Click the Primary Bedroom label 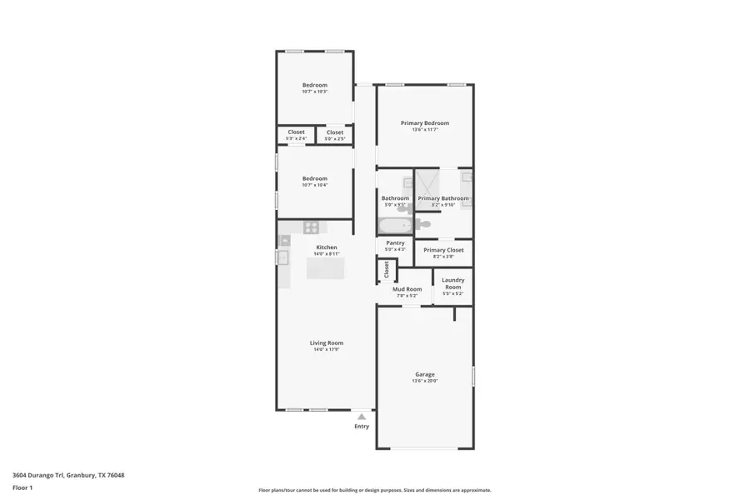425,122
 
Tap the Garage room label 425,374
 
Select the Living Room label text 327,342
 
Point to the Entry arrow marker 361,415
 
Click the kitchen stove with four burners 311,227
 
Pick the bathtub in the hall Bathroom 394,225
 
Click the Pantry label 395,242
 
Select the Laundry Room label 453,283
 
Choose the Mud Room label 407,289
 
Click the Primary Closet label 443,250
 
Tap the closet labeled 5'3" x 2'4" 296,135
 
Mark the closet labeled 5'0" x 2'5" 335,135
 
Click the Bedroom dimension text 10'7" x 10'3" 315,92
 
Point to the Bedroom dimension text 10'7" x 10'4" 315,185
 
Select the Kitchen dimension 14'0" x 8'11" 327,253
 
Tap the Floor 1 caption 22,487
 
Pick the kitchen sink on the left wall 283,257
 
